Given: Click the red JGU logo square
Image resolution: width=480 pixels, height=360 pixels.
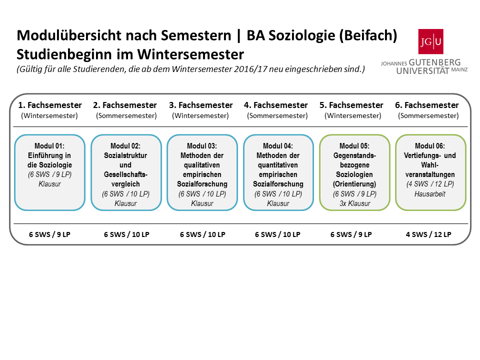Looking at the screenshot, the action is (x=430, y=41).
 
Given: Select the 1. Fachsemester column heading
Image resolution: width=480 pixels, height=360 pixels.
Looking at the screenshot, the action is (x=50, y=105).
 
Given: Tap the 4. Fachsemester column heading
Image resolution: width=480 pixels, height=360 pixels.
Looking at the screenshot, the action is (x=276, y=105).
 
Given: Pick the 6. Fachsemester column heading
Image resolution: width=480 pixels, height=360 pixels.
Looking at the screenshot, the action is (x=426, y=105).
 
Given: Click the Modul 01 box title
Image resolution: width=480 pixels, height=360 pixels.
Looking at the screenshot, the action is (x=49, y=146).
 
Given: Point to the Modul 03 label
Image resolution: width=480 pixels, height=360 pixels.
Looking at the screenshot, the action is (x=202, y=146).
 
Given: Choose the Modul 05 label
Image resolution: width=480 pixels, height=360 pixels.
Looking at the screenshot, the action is (x=354, y=146).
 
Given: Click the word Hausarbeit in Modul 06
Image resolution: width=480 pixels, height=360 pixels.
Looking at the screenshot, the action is (x=430, y=194).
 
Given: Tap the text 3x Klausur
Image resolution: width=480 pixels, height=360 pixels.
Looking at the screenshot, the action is (x=355, y=203).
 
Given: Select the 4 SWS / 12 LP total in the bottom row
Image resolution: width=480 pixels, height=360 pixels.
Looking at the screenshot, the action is (x=428, y=234).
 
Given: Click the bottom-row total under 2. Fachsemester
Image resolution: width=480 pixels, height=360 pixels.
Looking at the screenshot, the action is (x=126, y=234).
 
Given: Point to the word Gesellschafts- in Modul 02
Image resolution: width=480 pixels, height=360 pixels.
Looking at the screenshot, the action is (x=125, y=174).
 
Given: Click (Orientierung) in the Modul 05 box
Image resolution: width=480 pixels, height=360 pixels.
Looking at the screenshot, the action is (x=354, y=184).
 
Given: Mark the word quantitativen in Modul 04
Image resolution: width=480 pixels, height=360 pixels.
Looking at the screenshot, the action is (x=277, y=165).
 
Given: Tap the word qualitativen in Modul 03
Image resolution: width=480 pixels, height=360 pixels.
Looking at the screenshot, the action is (x=201, y=165).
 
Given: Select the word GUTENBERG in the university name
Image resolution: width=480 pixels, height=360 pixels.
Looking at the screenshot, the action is (x=434, y=62).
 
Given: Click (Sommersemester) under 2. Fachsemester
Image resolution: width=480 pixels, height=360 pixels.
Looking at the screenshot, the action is (x=126, y=115).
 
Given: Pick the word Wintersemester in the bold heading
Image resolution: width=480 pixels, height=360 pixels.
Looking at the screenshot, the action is (x=190, y=54).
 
